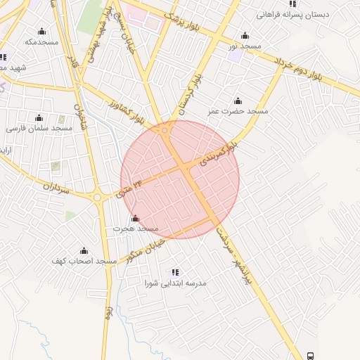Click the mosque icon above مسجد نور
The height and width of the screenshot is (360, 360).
pos(245,36)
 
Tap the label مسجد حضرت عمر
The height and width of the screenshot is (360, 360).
pos(238,111)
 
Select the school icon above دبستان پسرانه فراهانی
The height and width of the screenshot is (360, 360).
pos(292,4)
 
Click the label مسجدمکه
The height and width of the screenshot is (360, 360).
pos(40,42)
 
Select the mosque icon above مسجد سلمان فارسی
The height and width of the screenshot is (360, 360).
pos(39,117)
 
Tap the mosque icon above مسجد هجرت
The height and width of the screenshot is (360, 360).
pos(136,218)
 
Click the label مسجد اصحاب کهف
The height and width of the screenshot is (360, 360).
pos(84,261)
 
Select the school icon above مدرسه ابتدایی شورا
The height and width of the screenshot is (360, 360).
pos(175,271)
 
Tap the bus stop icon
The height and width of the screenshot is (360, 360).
pos(311,355)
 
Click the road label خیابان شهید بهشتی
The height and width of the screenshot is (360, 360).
pos(96,39)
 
